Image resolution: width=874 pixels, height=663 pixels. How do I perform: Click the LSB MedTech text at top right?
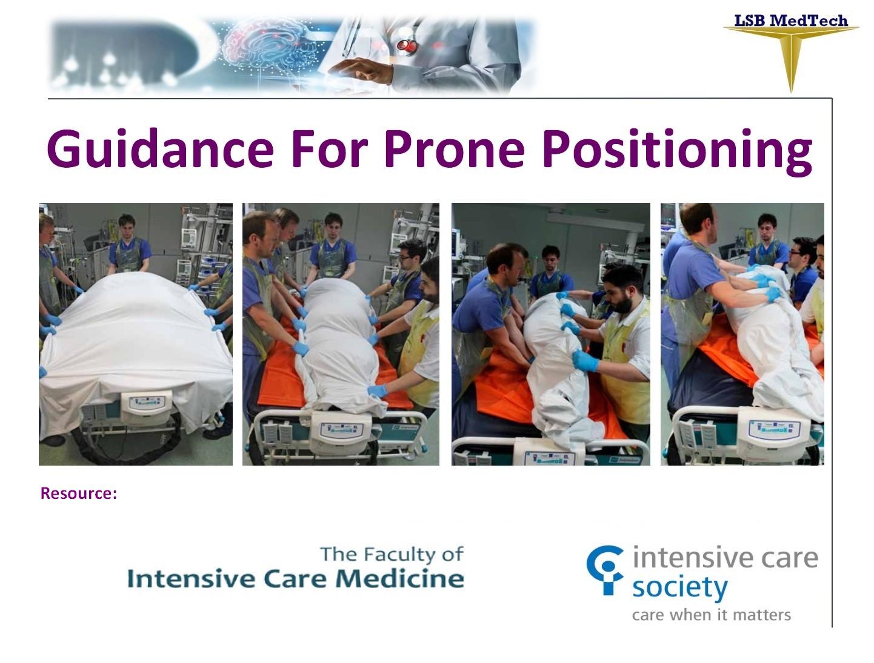790,21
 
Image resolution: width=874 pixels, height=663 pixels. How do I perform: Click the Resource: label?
79,493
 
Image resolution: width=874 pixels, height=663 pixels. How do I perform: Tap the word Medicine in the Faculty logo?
400,578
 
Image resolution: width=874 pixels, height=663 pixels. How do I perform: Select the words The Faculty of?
392,555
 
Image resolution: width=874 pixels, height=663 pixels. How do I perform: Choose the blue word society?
680,589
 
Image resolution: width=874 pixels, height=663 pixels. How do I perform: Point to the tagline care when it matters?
711,615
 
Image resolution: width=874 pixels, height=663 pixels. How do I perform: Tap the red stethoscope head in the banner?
407,46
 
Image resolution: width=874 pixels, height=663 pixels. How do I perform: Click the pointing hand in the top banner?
361,71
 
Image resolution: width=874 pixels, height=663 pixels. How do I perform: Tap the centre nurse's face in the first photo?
127,228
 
